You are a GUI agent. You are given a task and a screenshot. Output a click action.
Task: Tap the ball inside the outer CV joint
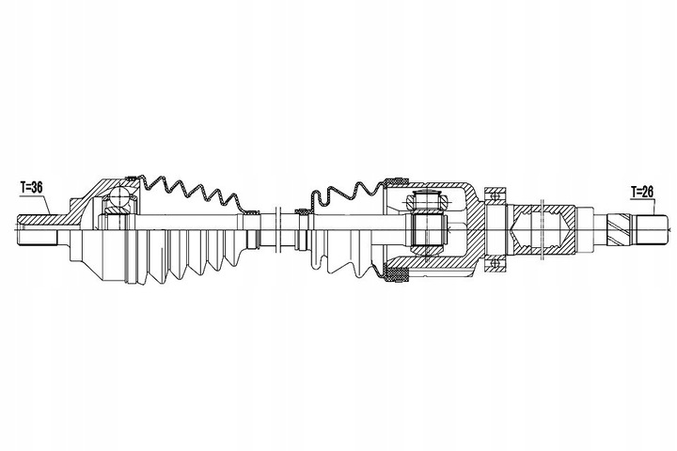[x=118, y=197]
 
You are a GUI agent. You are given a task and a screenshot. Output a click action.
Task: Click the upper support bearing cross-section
[x=492, y=198]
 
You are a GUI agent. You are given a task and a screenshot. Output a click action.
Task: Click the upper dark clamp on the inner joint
[x=395, y=179]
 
